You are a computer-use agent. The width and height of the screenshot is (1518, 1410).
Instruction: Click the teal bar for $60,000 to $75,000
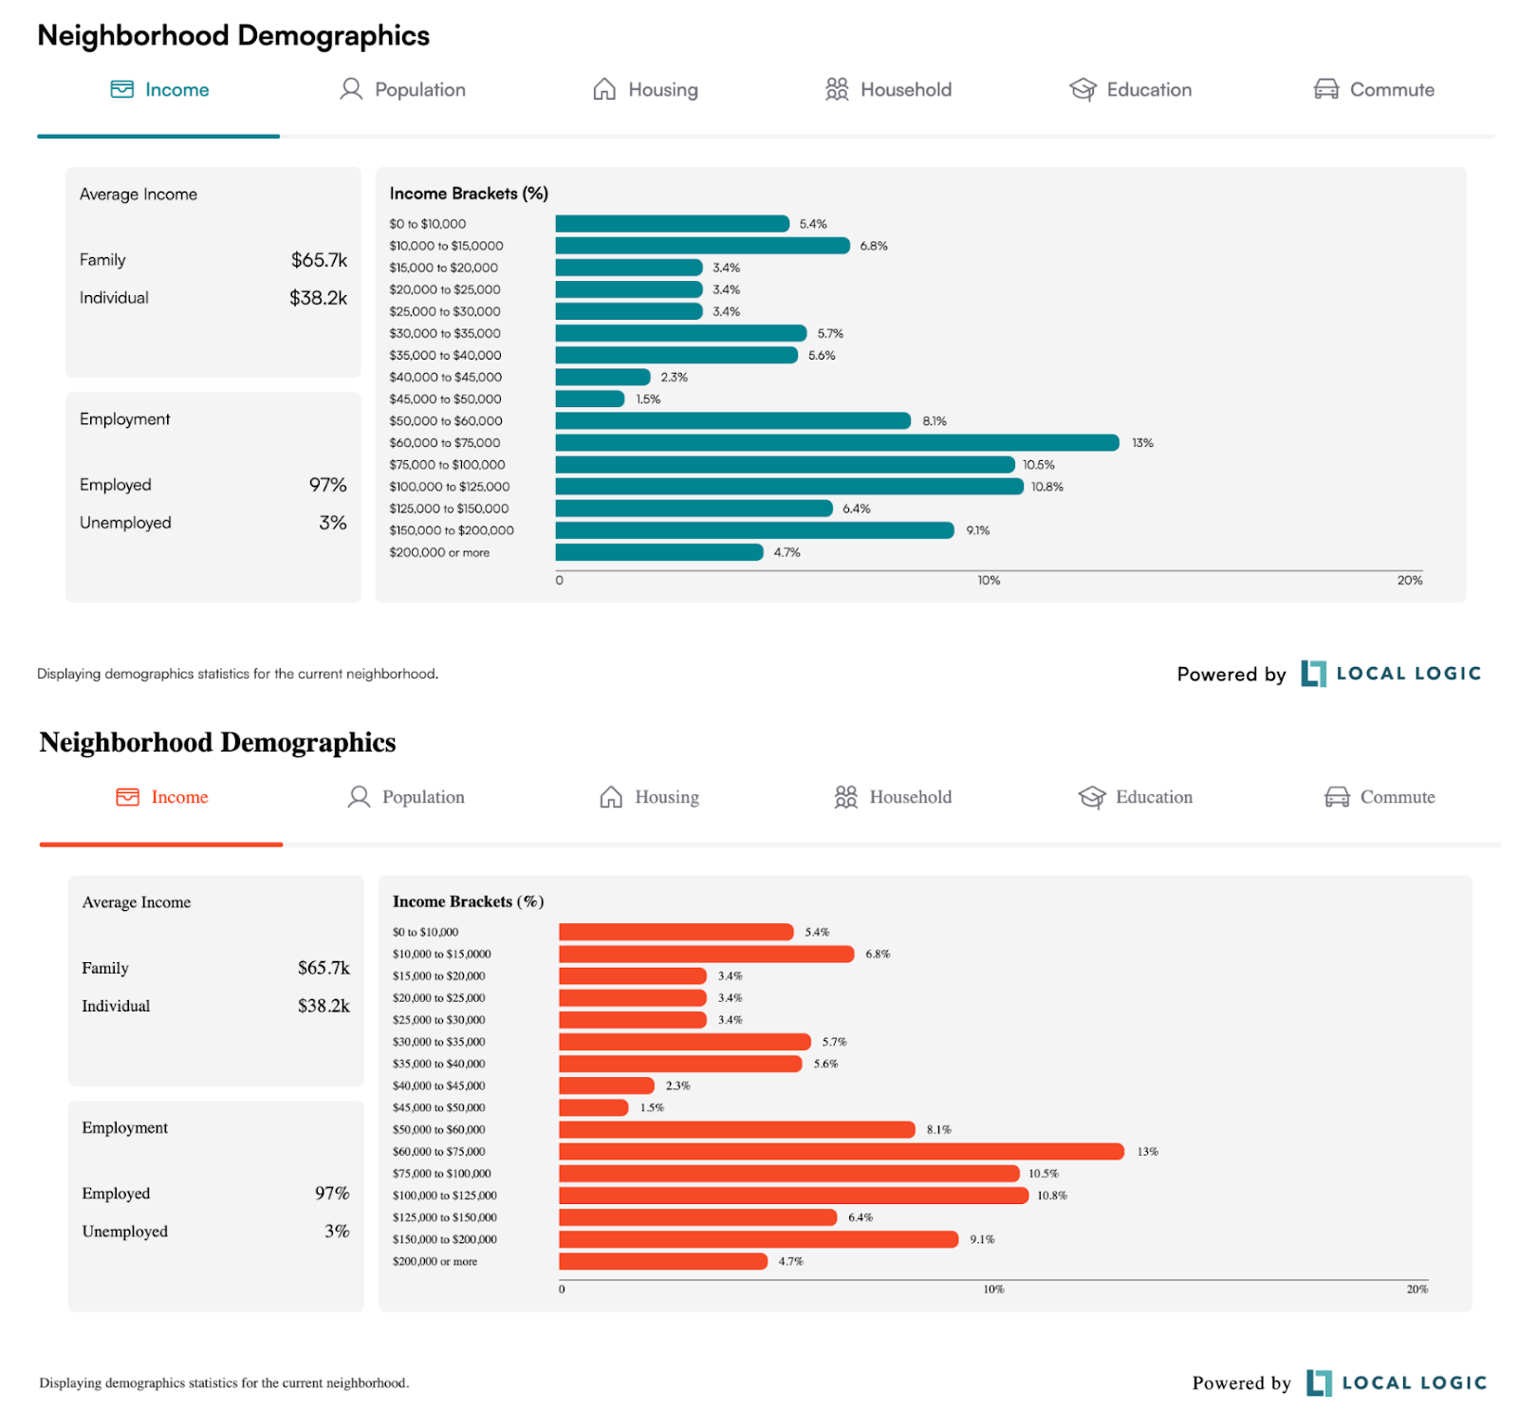(x=837, y=442)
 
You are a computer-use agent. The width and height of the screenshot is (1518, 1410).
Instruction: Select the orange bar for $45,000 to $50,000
(x=593, y=1107)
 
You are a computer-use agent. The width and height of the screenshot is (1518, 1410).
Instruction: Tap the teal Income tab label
(x=176, y=89)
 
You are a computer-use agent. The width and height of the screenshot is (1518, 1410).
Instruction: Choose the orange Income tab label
(x=179, y=797)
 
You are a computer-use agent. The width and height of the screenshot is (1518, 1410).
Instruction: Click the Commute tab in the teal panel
(x=1391, y=89)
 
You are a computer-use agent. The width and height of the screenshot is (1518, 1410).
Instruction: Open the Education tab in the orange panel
(x=1153, y=797)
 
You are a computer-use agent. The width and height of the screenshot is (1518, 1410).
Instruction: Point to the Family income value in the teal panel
(x=319, y=260)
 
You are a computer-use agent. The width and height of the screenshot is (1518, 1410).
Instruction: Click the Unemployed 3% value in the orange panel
(x=337, y=1231)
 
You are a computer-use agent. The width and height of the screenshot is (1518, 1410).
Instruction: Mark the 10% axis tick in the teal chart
(x=989, y=580)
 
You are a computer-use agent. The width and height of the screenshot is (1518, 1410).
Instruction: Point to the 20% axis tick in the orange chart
(x=1416, y=1289)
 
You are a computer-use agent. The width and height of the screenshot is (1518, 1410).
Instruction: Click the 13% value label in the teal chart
(x=1142, y=443)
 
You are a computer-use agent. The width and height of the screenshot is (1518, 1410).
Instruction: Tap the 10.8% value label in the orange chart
(x=1051, y=1196)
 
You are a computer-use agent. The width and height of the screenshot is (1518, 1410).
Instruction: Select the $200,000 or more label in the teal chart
(x=439, y=552)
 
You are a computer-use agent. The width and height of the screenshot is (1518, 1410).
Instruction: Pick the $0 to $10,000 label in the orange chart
(x=425, y=932)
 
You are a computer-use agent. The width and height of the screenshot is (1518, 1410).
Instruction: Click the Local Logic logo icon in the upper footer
(x=1313, y=674)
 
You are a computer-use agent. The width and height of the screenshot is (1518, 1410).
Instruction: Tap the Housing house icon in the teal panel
(x=604, y=89)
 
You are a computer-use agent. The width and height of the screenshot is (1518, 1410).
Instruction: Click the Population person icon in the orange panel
(x=359, y=797)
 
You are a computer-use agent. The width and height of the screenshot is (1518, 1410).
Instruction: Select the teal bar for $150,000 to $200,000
(x=754, y=530)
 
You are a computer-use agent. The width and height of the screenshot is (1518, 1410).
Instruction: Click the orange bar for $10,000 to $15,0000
(x=706, y=954)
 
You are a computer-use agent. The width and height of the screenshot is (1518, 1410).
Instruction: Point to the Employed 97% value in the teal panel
(x=327, y=485)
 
